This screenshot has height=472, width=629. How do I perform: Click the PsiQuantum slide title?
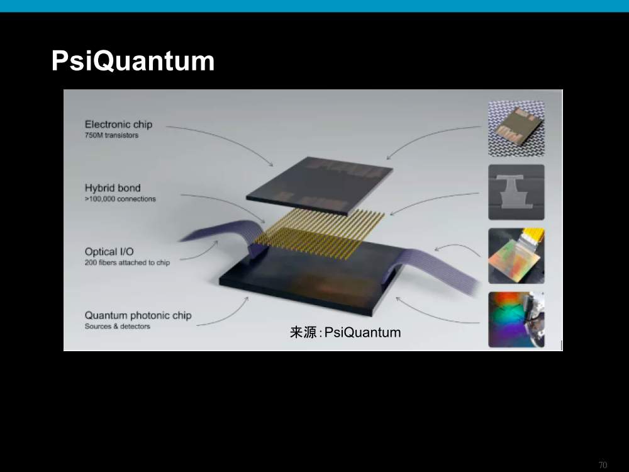(133, 62)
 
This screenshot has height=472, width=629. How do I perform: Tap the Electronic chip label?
(118, 125)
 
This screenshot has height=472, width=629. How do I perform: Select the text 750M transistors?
(111, 135)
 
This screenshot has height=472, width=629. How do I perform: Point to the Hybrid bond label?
(113, 188)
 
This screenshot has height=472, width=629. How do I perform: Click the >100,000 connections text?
(120, 199)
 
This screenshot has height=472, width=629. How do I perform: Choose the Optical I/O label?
(109, 252)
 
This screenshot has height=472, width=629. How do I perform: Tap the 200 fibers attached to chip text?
(127, 262)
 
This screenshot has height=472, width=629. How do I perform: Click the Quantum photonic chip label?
(138, 315)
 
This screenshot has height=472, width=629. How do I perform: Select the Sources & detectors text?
(117, 326)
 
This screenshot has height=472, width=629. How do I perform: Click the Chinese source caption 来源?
(303, 332)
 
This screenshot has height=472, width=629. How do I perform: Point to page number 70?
(603, 465)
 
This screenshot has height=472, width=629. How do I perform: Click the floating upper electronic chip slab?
(320, 186)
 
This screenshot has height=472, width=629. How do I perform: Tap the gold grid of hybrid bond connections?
(320, 234)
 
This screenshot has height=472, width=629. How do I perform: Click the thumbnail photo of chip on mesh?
(516, 128)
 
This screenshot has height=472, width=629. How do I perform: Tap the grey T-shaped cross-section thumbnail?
(516, 192)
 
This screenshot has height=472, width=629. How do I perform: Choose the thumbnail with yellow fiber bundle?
(516, 256)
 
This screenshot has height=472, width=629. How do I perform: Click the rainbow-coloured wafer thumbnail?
(516, 320)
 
